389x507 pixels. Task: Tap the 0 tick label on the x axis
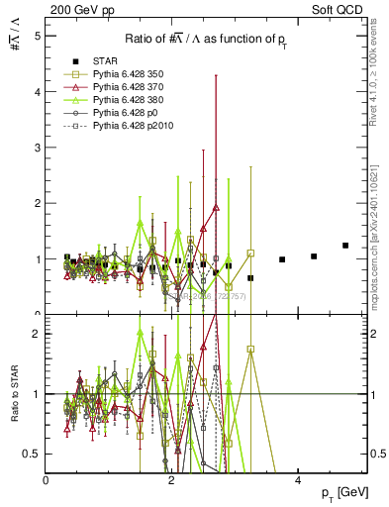click(x=47, y=479)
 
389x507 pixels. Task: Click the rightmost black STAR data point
click(x=345, y=246)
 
